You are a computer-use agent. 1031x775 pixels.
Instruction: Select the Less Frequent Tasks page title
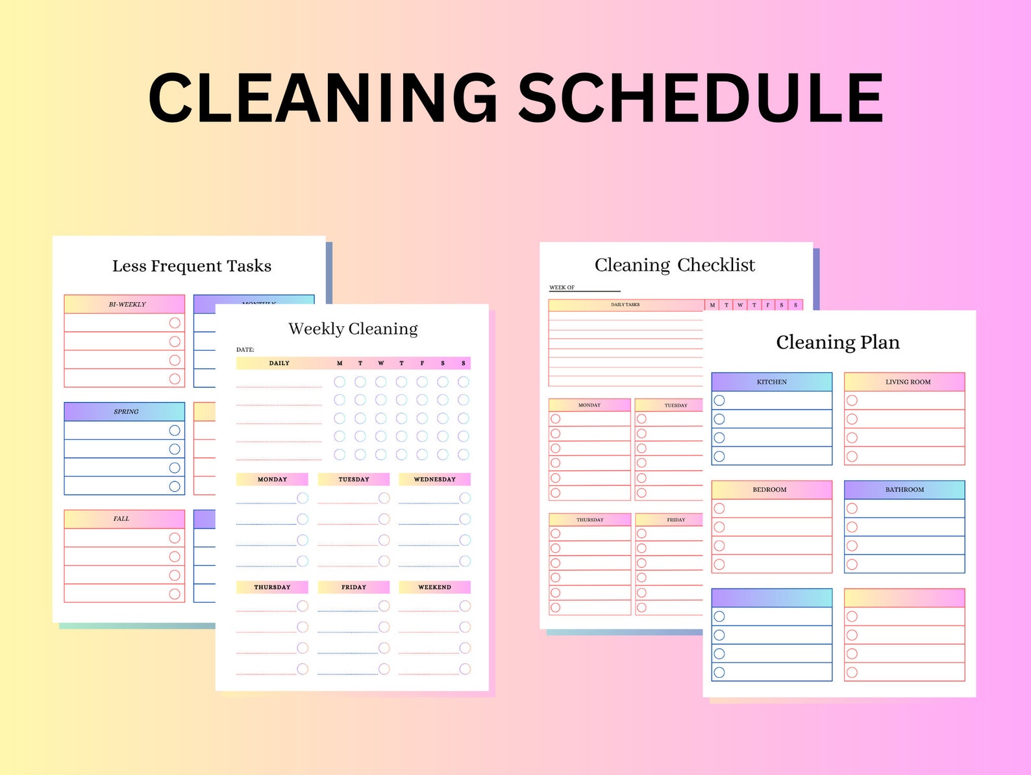point(192,266)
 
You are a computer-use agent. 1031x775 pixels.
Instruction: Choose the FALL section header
point(122,518)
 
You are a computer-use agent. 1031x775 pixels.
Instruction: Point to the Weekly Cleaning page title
point(353,329)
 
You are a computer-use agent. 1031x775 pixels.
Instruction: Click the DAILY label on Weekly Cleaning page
point(279,363)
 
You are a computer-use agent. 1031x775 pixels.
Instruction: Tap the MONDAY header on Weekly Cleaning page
point(272,479)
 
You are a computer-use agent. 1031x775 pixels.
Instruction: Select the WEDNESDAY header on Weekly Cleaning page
point(434,479)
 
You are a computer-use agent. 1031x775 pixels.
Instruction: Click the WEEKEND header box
point(434,587)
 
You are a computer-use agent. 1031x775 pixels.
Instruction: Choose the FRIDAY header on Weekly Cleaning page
point(354,587)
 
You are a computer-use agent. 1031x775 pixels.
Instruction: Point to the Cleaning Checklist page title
point(675,265)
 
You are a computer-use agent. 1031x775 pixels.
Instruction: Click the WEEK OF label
point(562,287)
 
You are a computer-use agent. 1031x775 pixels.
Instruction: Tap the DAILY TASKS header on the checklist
point(625,305)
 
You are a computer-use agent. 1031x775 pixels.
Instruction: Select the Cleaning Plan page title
point(838,342)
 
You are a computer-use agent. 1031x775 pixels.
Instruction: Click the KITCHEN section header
point(771,382)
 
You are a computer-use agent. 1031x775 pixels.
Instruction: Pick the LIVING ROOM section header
point(908,382)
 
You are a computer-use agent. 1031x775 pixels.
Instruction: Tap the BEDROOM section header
point(769,490)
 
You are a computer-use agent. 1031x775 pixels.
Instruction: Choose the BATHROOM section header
point(904,490)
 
